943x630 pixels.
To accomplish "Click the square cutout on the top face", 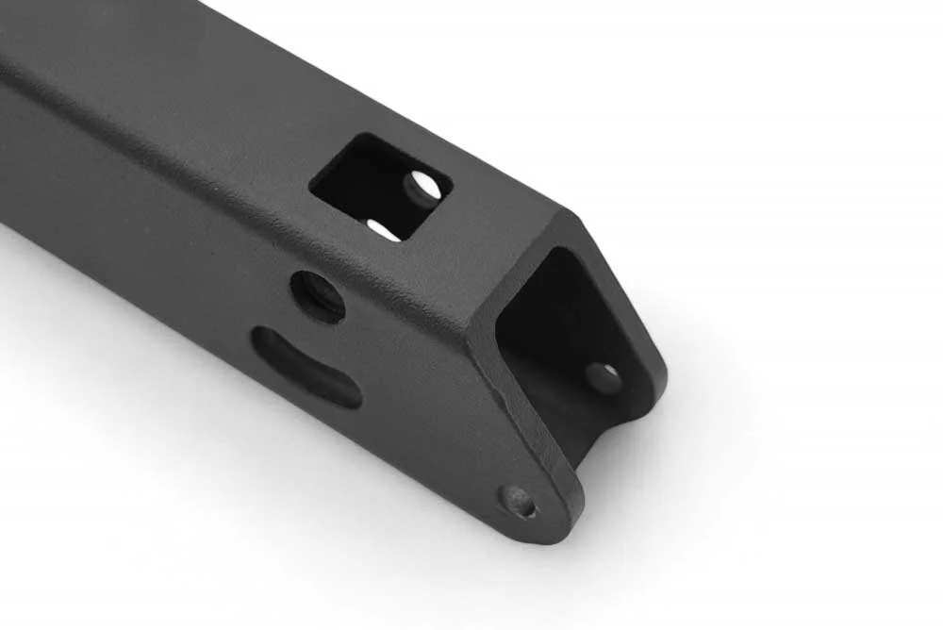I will (380, 186).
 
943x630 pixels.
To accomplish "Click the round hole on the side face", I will (317, 296).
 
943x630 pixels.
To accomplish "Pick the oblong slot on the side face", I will (306, 367).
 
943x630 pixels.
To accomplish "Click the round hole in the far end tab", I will (604, 377).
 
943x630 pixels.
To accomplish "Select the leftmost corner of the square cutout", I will (310, 179).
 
